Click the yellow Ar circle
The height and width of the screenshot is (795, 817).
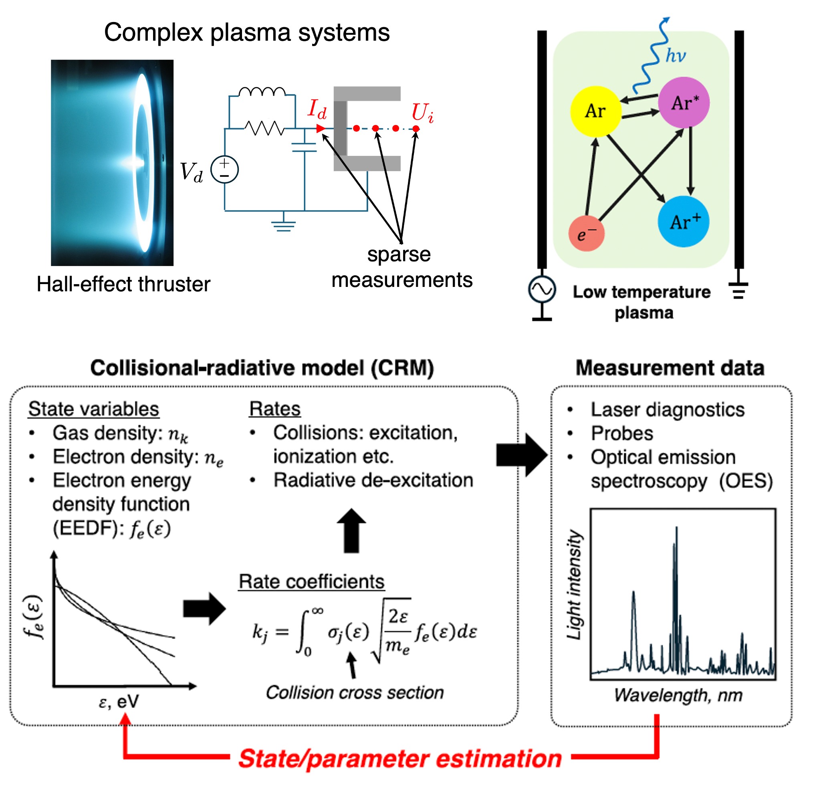[x=595, y=111]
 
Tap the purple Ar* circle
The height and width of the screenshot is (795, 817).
[x=684, y=102]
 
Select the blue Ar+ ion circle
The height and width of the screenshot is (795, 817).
[x=683, y=221]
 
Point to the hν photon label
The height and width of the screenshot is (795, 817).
[x=675, y=56]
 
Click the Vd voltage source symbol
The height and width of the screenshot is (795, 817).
[x=224, y=170]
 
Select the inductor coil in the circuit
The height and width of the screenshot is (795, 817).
[x=262, y=92]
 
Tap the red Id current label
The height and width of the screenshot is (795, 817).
[x=317, y=109]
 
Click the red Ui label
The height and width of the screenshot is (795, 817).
[x=422, y=113]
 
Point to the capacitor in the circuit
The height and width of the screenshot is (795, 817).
[x=305, y=147]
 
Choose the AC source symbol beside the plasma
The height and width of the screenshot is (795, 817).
[x=541, y=289]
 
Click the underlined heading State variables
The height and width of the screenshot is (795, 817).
[x=93, y=409]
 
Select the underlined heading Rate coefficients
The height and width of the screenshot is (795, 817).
[x=311, y=582]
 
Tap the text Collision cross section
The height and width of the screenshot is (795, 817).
[x=355, y=693]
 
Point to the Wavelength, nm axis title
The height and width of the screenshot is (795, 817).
[x=678, y=695]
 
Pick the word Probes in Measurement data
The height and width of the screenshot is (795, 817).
[x=621, y=434]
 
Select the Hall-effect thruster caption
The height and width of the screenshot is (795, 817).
[x=123, y=285]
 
